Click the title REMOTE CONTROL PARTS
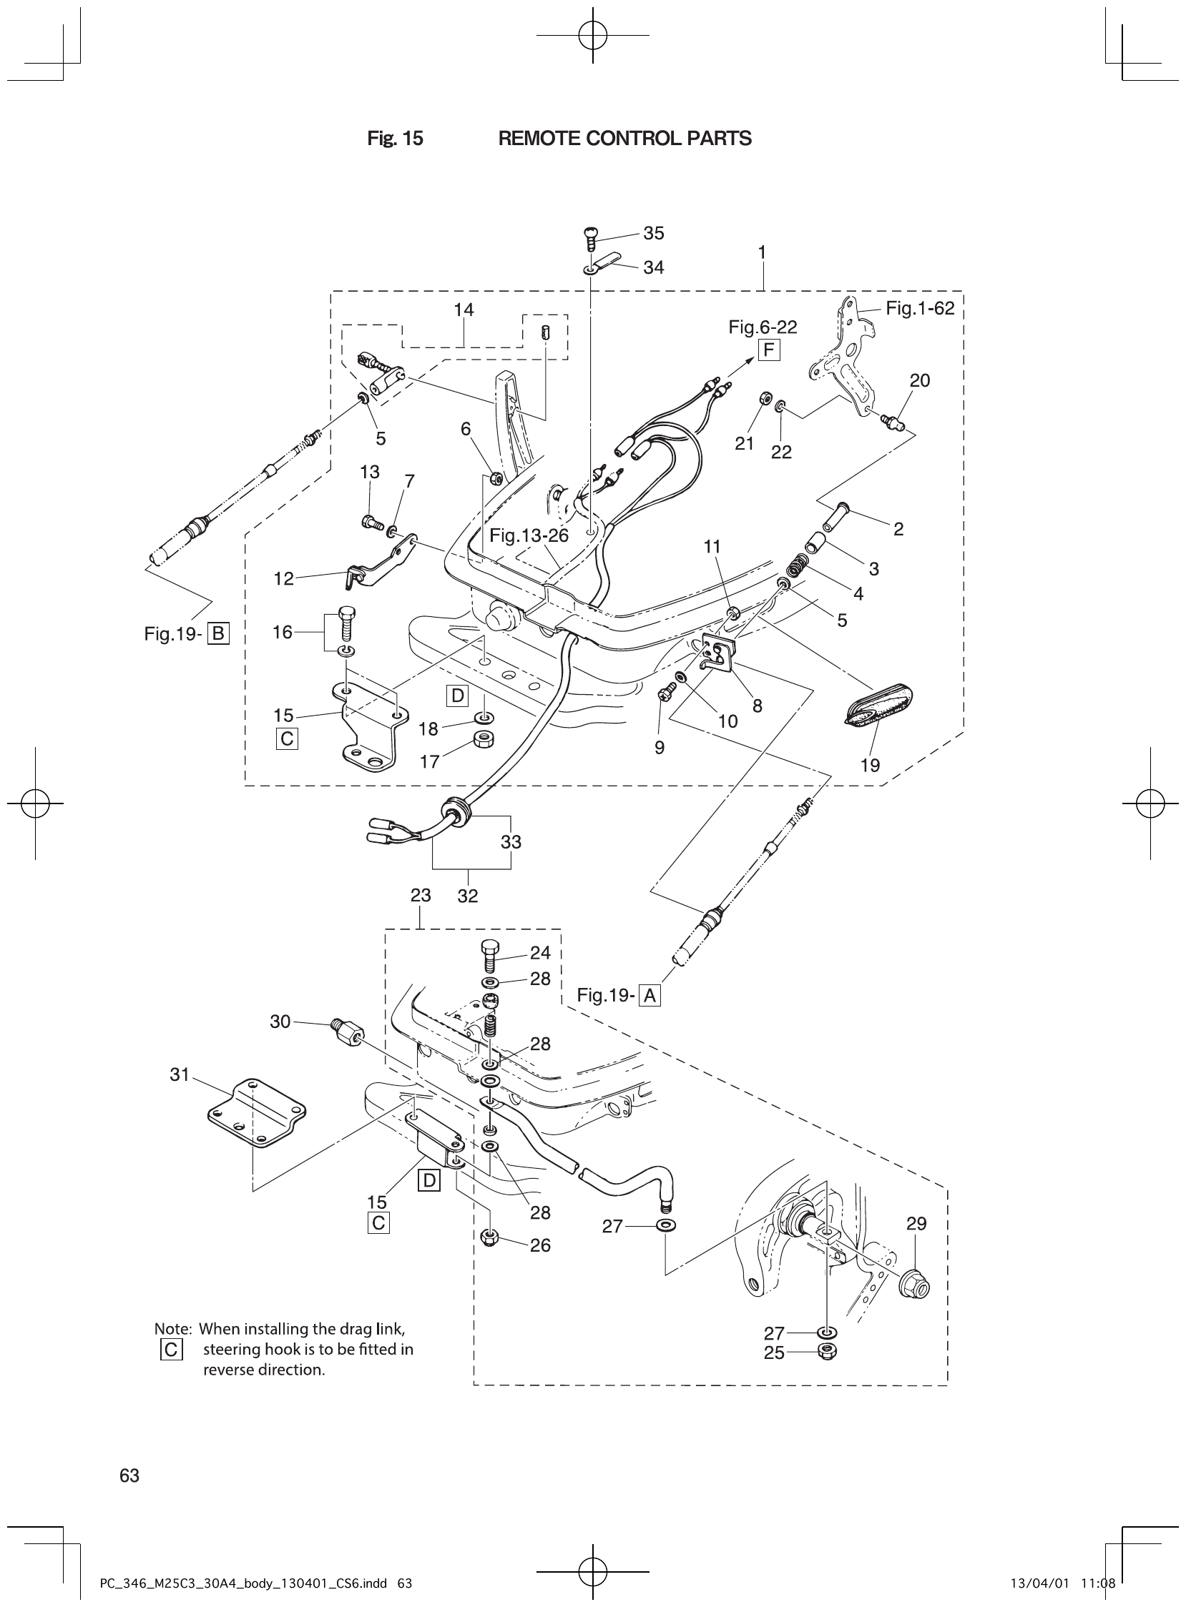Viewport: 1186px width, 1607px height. point(624,139)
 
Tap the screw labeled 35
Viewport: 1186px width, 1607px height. point(590,236)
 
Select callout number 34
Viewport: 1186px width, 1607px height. point(653,267)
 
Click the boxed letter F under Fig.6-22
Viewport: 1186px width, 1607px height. point(768,351)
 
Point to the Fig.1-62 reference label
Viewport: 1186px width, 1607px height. point(920,309)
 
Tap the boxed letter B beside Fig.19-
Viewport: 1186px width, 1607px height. point(218,633)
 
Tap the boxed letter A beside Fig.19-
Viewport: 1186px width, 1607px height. point(650,996)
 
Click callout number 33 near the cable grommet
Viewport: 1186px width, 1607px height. point(511,841)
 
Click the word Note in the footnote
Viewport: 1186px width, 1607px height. point(172,1329)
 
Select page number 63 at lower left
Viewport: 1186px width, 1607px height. point(129,1475)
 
